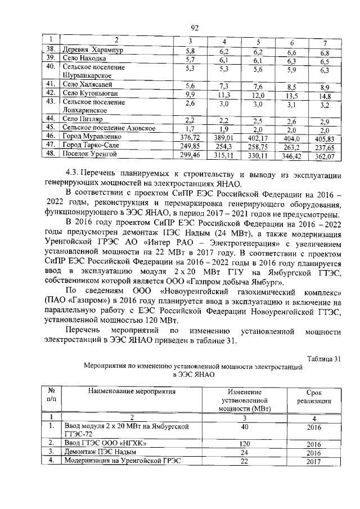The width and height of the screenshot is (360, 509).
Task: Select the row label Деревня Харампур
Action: pyautogui.click(x=93, y=51)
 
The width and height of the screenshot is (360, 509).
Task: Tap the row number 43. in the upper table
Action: pyautogui.click(x=50, y=101)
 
